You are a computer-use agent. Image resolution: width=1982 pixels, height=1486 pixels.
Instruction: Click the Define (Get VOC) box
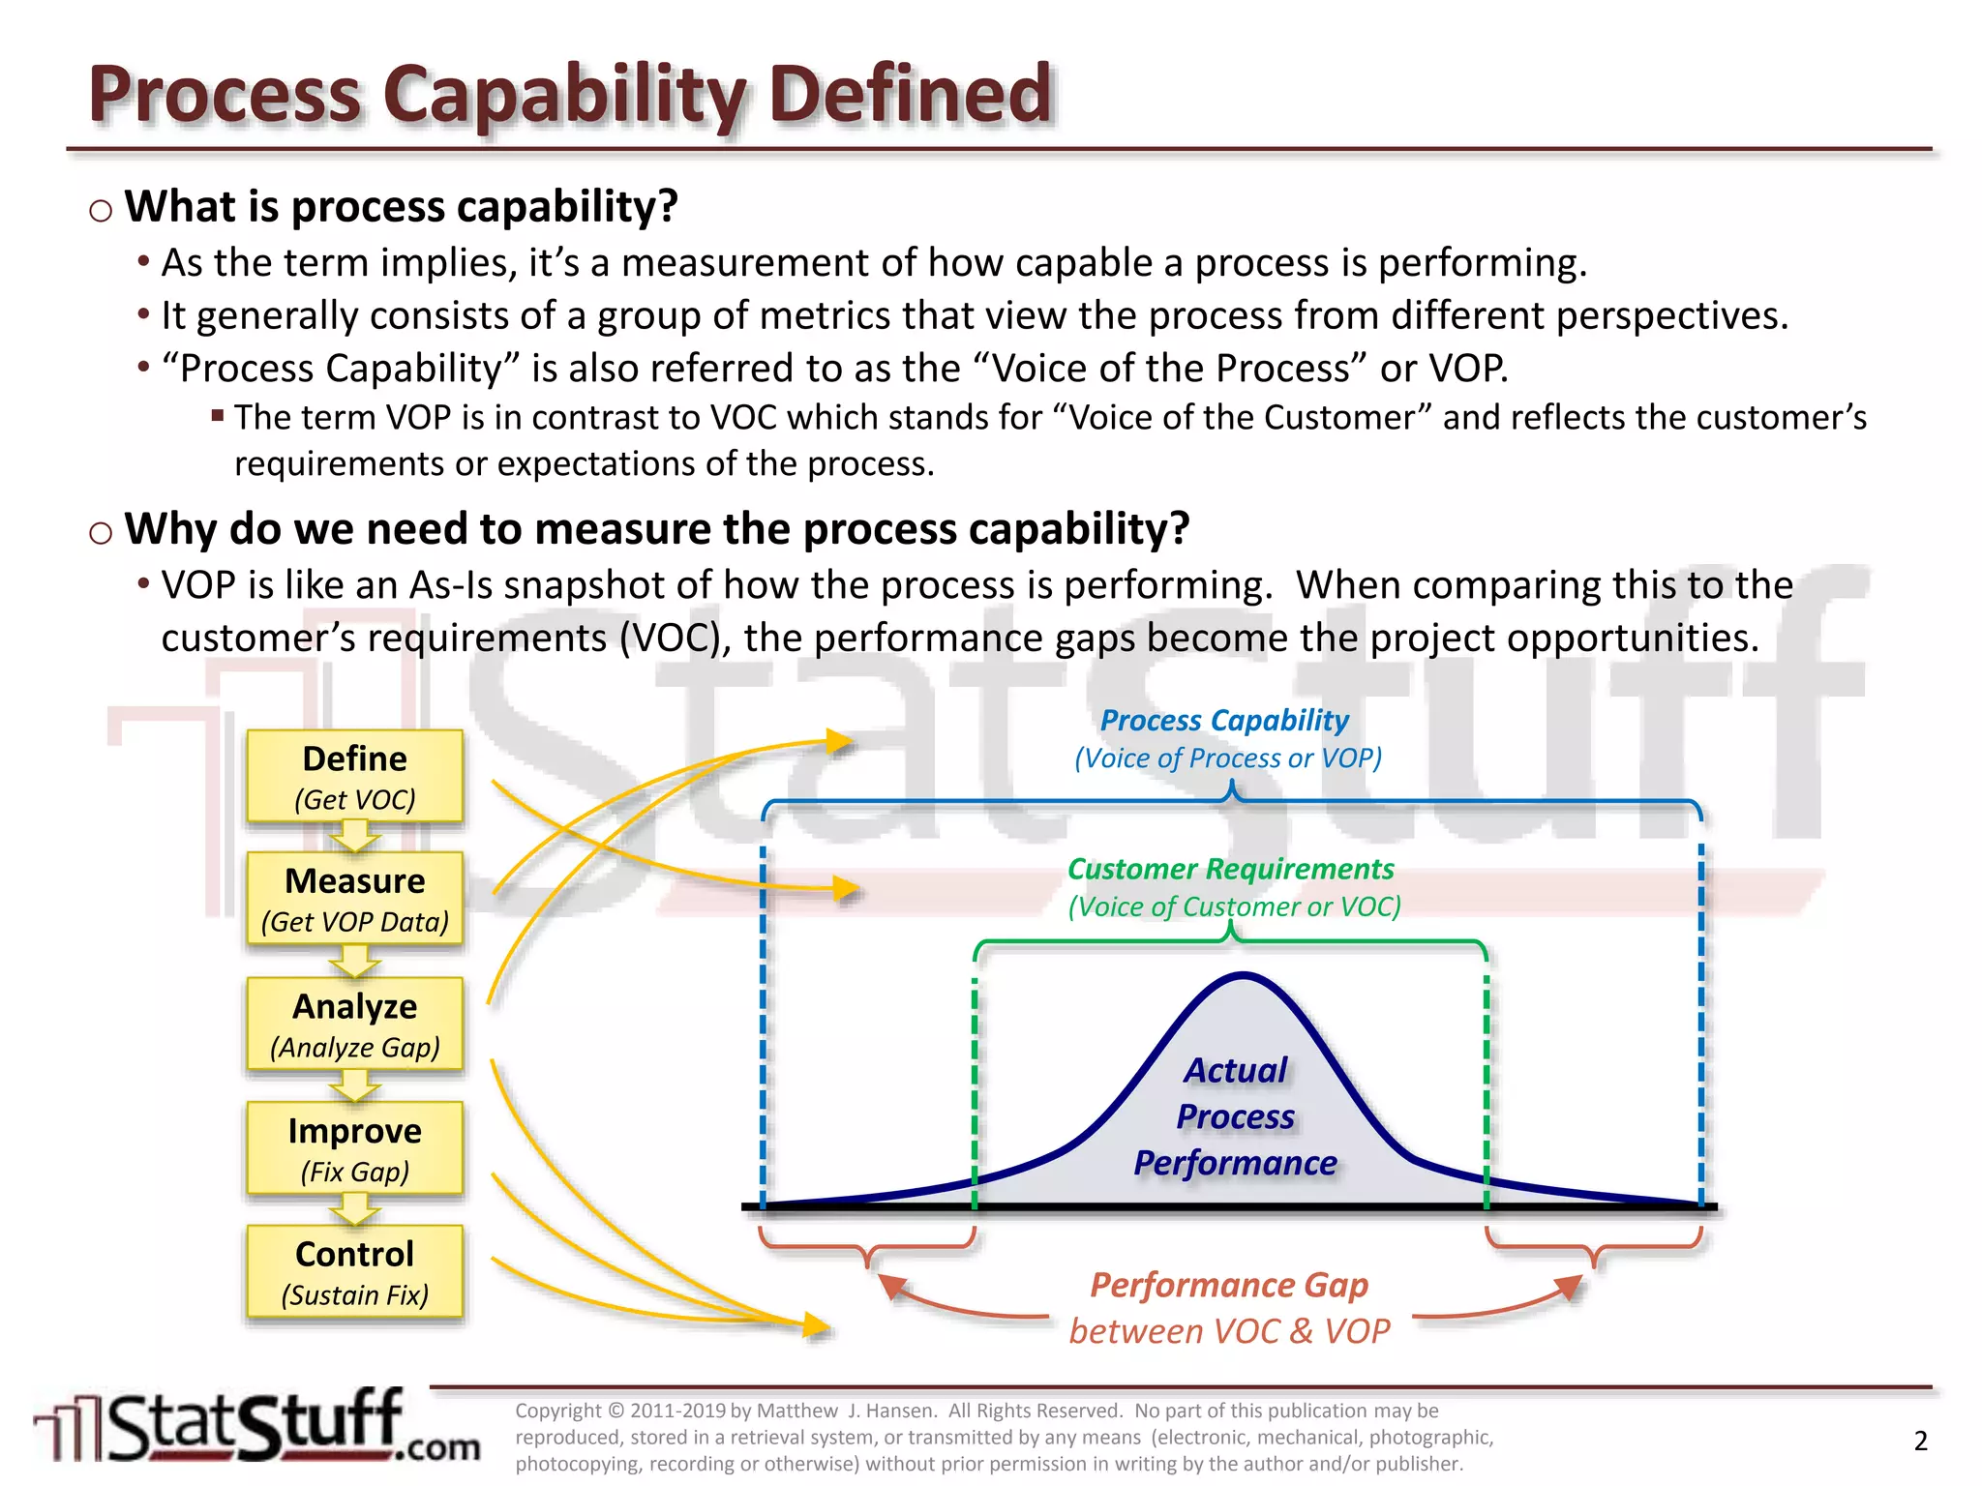[x=354, y=777]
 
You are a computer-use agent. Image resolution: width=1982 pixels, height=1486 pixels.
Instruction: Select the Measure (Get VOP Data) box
[x=354, y=899]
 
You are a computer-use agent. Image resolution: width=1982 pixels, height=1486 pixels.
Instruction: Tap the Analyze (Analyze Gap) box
[x=354, y=1025]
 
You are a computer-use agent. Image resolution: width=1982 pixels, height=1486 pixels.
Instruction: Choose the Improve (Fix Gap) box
[x=354, y=1148]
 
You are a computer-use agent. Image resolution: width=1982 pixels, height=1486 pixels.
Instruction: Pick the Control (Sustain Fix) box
[x=354, y=1272]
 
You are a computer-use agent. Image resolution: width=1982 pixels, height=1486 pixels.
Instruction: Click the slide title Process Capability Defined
[x=569, y=94]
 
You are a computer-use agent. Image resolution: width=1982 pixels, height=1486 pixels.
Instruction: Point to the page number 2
[x=1920, y=1441]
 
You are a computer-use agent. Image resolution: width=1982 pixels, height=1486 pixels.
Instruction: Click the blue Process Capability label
[x=1224, y=721]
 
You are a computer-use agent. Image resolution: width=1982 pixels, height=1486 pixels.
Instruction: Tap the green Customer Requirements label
[x=1230, y=869]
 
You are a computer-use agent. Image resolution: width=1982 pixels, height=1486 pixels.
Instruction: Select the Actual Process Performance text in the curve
[x=1236, y=1116]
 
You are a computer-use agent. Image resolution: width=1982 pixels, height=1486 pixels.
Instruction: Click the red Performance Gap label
[x=1229, y=1285]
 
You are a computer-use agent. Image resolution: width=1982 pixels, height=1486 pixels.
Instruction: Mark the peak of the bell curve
[x=1242, y=975]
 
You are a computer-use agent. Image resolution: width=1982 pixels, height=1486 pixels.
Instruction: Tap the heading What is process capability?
[x=401, y=207]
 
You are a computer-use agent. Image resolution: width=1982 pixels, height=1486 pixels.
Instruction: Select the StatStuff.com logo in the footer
[x=256, y=1426]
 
